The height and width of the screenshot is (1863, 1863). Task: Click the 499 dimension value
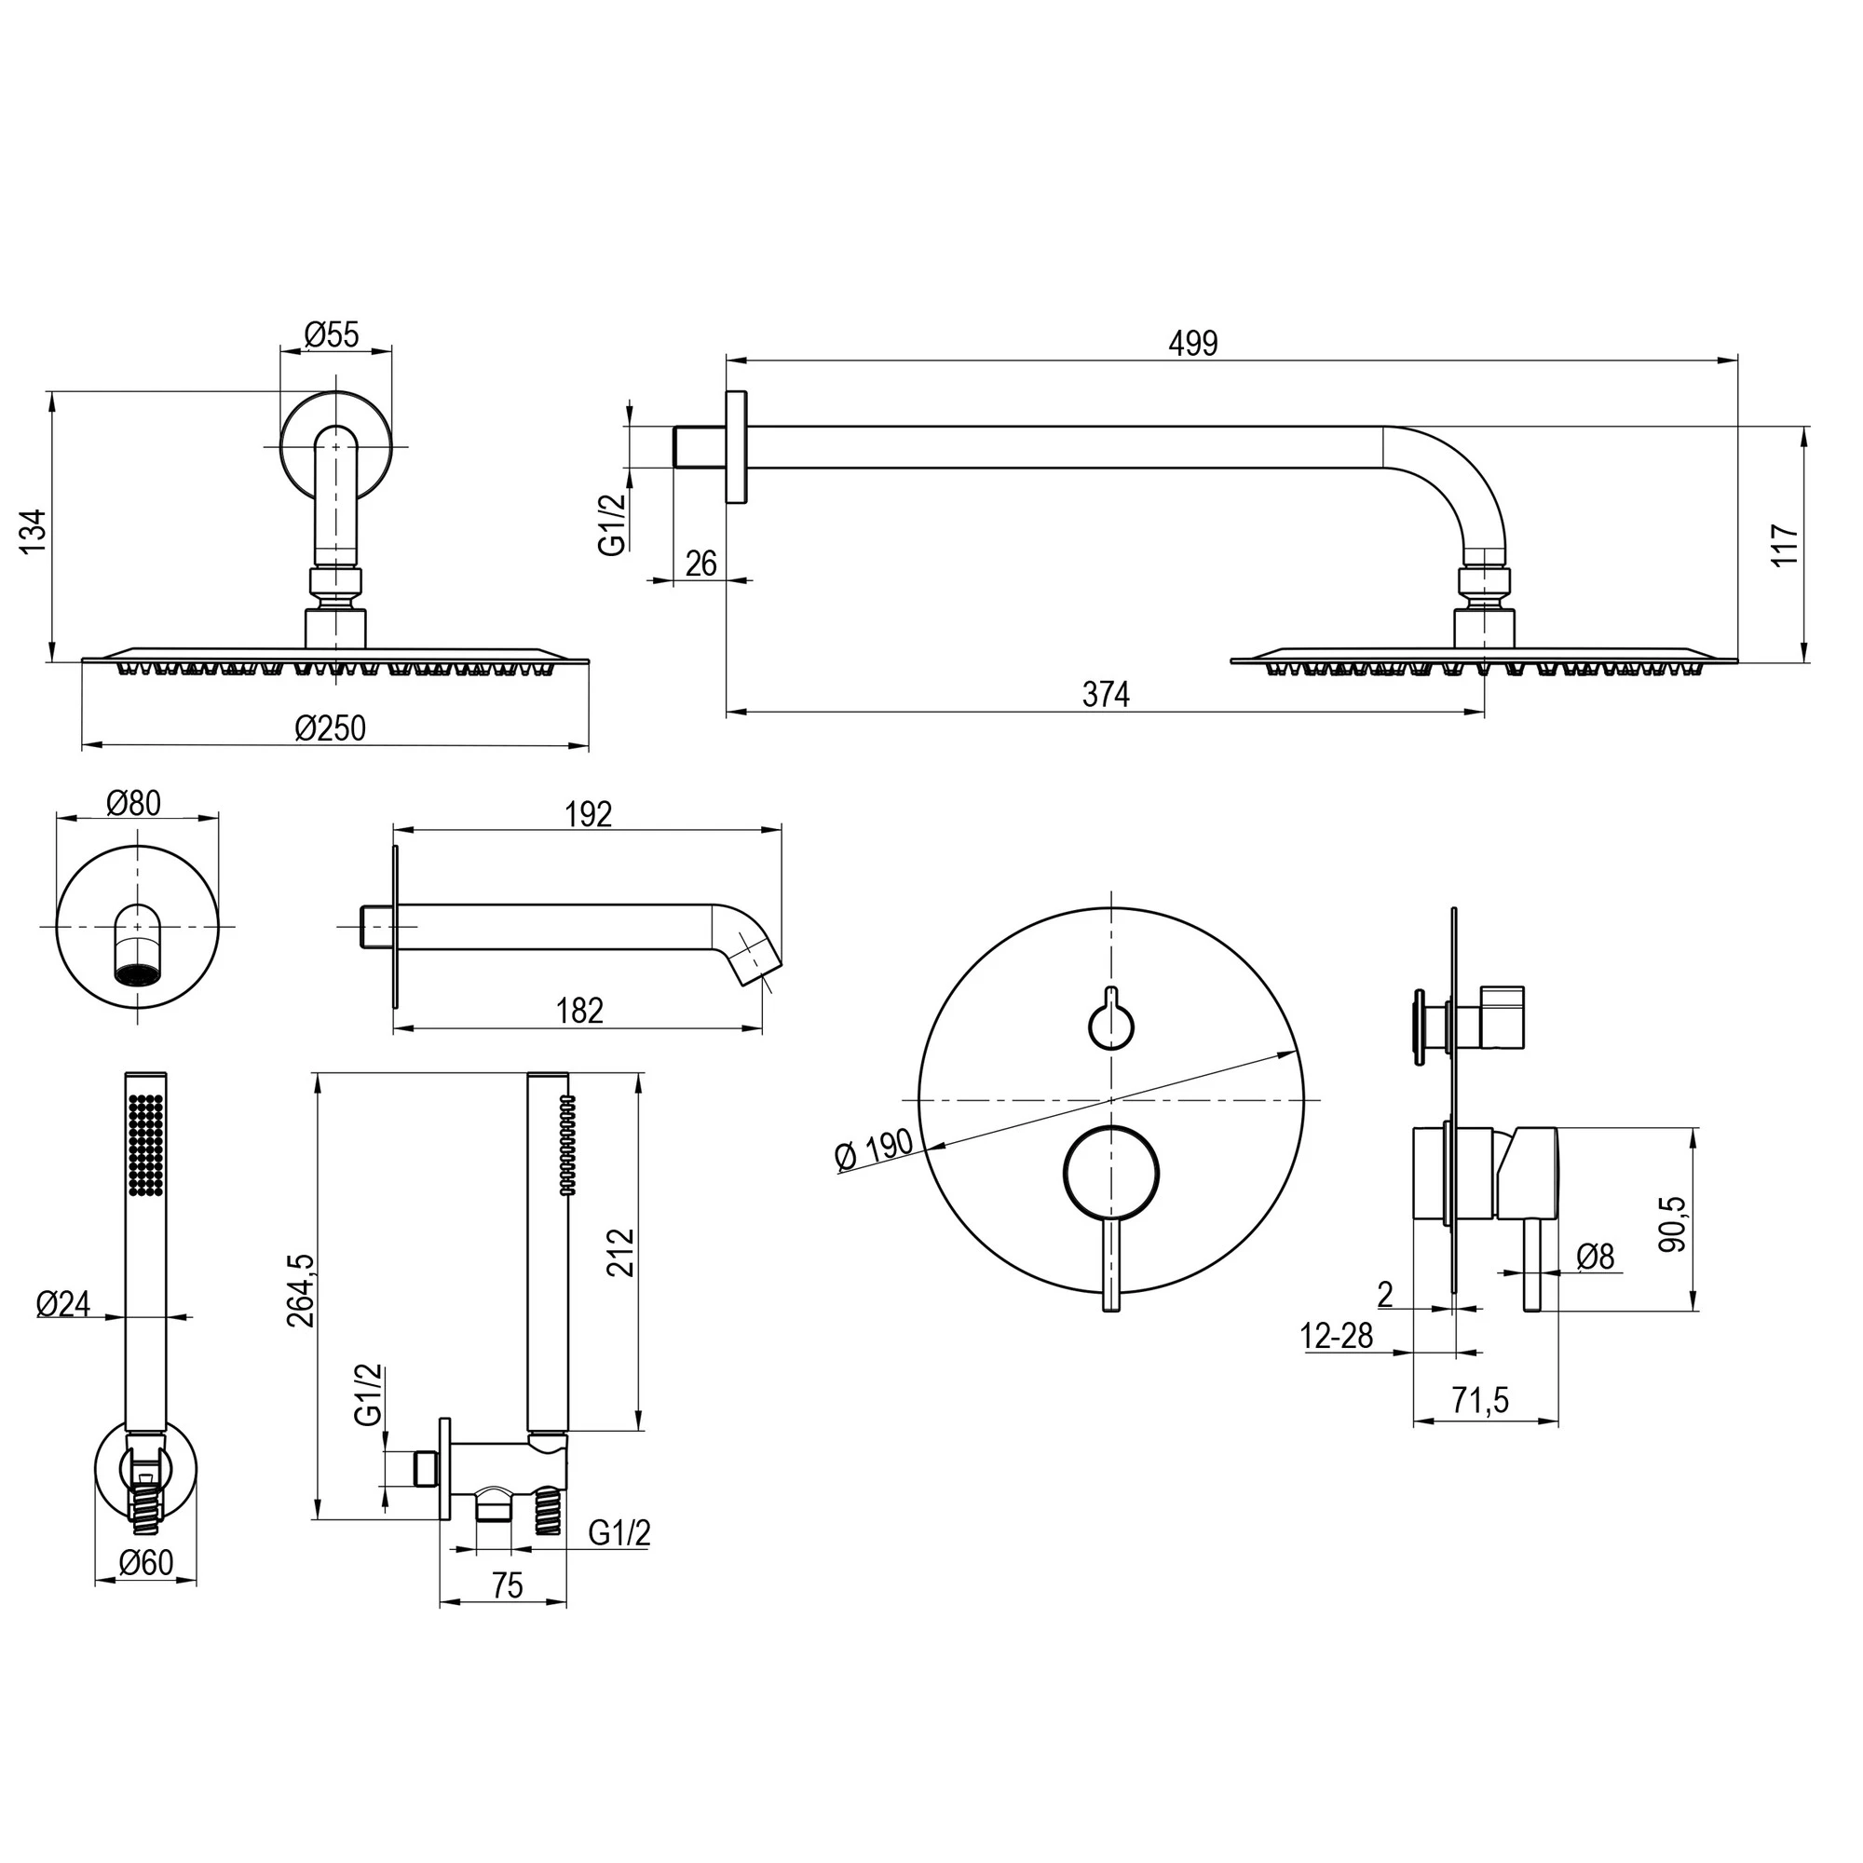point(1193,344)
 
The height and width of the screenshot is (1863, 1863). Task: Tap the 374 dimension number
point(1105,693)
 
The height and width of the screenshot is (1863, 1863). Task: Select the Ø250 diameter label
point(331,728)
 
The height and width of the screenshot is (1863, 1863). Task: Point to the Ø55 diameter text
point(332,334)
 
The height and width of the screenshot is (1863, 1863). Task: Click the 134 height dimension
point(34,530)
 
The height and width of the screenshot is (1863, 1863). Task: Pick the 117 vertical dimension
point(1785,545)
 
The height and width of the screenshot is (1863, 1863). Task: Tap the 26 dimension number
point(701,564)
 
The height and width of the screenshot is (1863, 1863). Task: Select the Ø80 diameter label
point(134,802)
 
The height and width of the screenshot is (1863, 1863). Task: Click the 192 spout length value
point(588,815)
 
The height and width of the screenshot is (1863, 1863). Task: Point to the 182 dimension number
point(579,1011)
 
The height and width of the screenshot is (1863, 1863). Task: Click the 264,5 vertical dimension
point(301,1290)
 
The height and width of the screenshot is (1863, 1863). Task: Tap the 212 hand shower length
point(622,1252)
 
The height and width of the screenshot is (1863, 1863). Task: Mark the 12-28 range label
point(1337,1337)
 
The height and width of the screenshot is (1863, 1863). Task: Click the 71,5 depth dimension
point(1481,1400)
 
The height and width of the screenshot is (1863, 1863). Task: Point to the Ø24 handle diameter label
point(63,1305)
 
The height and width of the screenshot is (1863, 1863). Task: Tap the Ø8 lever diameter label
point(1595,1257)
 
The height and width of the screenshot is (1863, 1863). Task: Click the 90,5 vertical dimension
point(1673,1224)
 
